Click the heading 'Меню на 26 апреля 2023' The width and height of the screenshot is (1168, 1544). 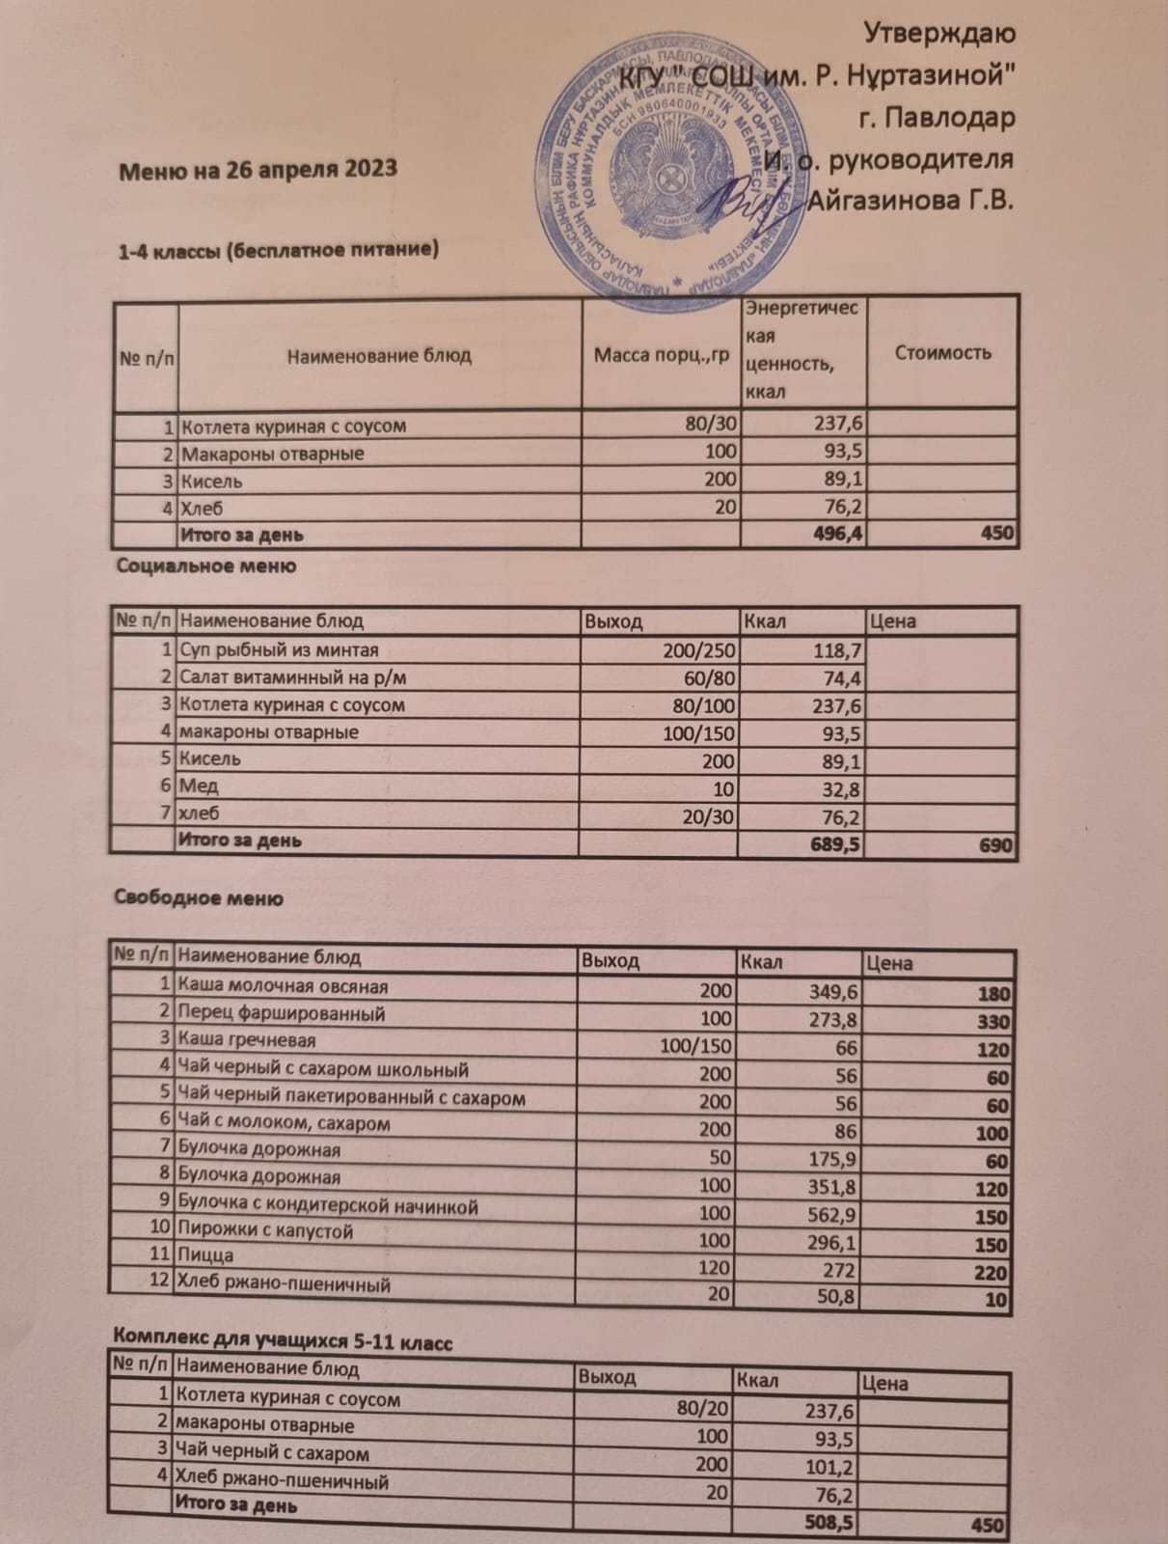pos(258,169)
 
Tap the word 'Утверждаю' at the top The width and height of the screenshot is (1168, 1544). pos(937,33)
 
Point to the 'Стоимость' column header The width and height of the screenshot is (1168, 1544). pos(942,352)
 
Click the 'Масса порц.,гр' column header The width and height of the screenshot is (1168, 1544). pos(661,355)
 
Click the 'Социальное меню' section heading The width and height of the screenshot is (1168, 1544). pos(205,565)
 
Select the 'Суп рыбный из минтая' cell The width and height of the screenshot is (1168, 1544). pos(280,650)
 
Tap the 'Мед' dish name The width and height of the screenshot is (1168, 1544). pos(200,786)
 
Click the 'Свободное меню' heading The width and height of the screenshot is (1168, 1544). pos(199,898)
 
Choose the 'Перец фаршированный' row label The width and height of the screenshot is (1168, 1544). pos(282,1013)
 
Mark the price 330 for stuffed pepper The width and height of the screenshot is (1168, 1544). pos(992,1022)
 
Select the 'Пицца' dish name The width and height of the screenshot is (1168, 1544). pos(205,1255)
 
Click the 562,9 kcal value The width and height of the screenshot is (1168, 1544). pos(831,1215)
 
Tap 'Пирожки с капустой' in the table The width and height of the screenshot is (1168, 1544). pos(265,1230)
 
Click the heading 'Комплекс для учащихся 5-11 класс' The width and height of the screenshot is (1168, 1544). pos(283,1339)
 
